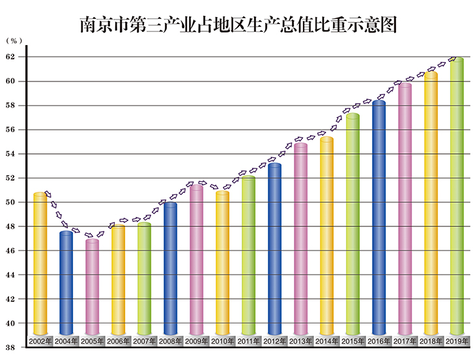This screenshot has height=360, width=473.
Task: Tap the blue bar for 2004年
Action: tap(66, 284)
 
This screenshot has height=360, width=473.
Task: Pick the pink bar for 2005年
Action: tap(92, 287)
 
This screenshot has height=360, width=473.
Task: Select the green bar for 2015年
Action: tap(352, 225)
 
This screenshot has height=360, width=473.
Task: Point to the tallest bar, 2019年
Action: tap(457, 196)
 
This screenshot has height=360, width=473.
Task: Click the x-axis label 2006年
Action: tap(118, 341)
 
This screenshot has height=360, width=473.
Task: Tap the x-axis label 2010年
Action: tap(222, 341)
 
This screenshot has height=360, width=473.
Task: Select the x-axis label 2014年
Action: tap(326, 341)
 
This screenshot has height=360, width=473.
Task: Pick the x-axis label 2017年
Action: tap(405, 341)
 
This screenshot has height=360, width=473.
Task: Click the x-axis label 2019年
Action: tap(457, 341)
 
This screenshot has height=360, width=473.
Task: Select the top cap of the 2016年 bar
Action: tap(379, 103)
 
